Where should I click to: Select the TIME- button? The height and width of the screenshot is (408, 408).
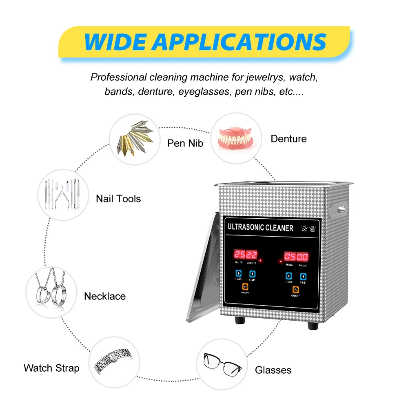(x=303, y=276)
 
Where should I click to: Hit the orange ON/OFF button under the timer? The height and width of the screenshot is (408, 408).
(x=294, y=290)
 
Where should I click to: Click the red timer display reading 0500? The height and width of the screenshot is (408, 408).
(x=296, y=257)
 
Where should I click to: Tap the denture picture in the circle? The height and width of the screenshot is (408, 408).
(x=235, y=138)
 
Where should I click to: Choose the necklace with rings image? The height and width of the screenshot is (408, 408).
(x=51, y=291)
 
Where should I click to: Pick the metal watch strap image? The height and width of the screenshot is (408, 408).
(x=115, y=362)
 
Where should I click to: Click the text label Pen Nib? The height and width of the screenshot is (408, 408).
(x=185, y=143)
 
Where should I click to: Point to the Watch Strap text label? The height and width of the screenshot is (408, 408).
(x=51, y=368)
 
